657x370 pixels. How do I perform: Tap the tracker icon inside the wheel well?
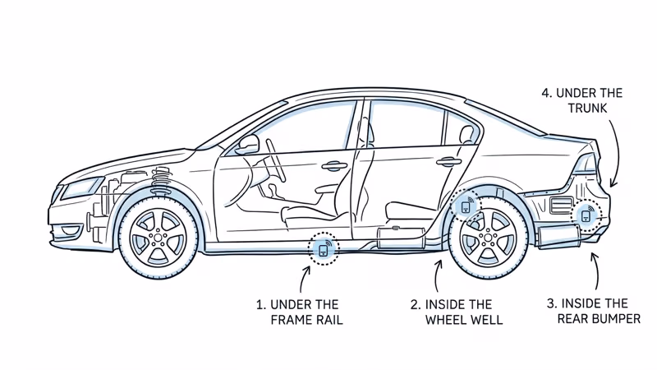[466, 206]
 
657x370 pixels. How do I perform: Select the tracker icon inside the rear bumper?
[586, 215]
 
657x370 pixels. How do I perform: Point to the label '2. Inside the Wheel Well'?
[457, 312]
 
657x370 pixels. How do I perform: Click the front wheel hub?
[158, 237]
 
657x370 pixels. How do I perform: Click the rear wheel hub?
[489, 237]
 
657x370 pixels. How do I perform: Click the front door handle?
[334, 167]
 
